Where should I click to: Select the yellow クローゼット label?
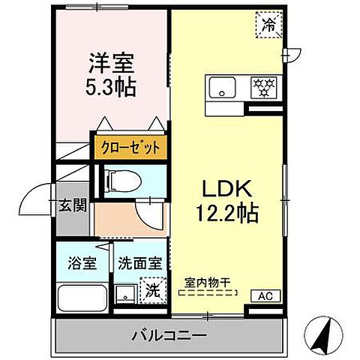(x=128, y=147)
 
